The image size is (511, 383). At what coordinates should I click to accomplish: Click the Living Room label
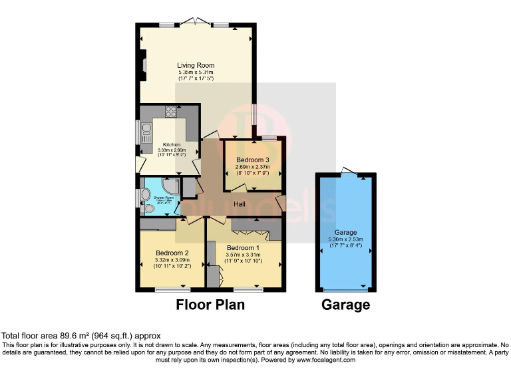(196, 65)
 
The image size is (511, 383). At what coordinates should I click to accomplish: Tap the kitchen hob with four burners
(170, 112)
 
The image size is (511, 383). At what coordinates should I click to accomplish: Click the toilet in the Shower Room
(148, 209)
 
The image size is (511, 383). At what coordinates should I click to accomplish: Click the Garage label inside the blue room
(343, 232)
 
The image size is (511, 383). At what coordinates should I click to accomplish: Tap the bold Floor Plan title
(210, 305)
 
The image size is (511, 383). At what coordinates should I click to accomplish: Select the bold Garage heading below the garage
(345, 305)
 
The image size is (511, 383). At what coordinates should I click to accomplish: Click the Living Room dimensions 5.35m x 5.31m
(196, 72)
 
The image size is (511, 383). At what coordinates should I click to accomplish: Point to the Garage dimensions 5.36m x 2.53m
(343, 239)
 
